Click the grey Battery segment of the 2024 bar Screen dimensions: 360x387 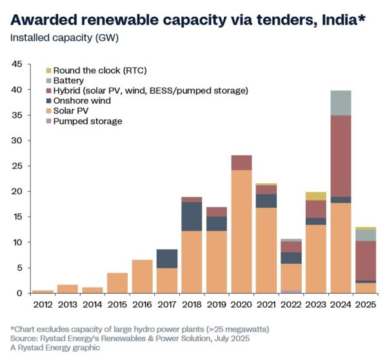click(x=341, y=103)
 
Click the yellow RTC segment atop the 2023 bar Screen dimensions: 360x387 click(x=315, y=196)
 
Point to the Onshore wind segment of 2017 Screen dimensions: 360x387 click(x=166, y=258)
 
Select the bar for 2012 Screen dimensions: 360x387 click(x=43, y=292)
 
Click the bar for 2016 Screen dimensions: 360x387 click(x=142, y=276)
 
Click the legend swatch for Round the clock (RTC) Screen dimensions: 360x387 click(x=48, y=70)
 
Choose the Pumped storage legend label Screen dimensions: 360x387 click(x=87, y=121)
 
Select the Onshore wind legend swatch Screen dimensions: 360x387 click(x=48, y=101)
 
